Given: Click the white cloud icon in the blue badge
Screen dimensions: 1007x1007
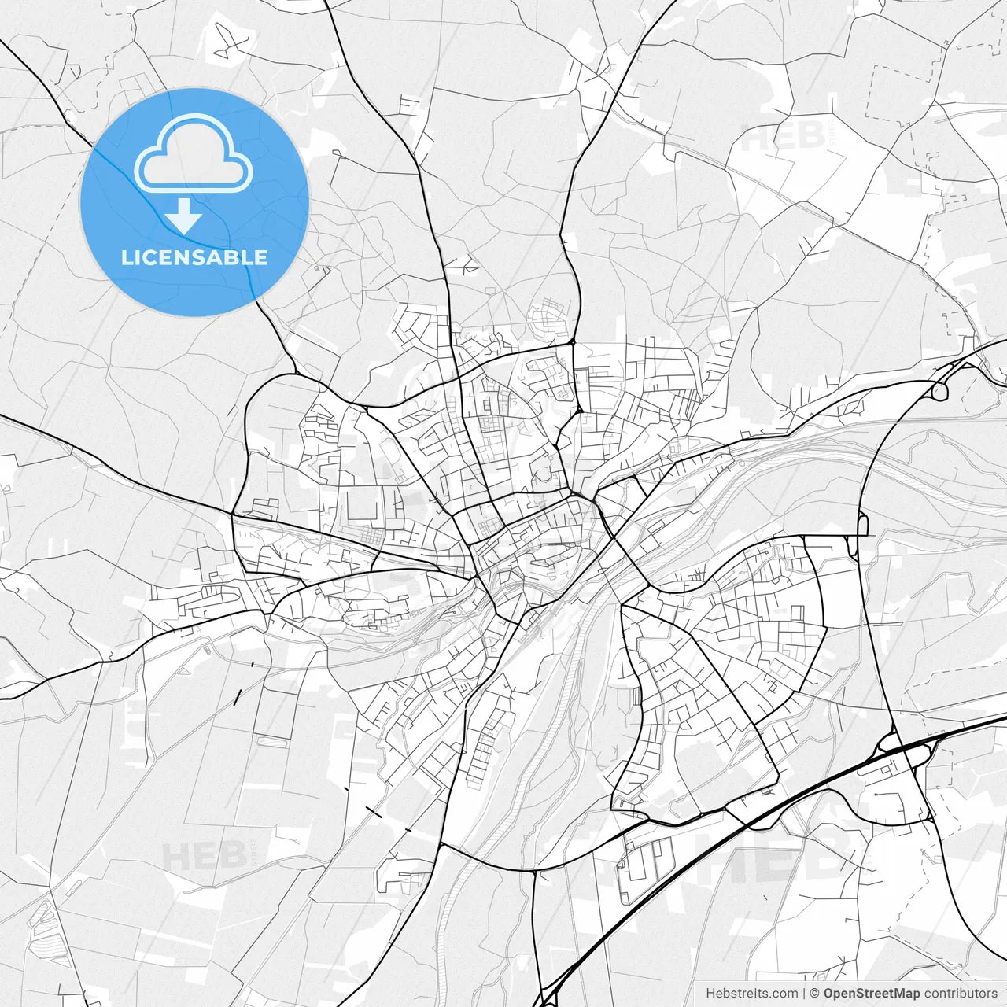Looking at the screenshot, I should click(194, 153).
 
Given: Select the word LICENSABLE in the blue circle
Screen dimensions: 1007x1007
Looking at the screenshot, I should click(194, 257).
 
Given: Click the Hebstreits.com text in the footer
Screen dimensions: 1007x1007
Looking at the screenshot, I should click(751, 994).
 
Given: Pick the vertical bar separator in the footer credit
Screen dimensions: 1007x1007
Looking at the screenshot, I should click(803, 994).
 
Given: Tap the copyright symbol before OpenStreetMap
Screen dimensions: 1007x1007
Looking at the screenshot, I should click(815, 994).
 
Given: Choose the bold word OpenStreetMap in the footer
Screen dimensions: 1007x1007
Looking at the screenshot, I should click(871, 994).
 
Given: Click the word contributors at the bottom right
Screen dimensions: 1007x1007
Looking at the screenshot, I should click(961, 994).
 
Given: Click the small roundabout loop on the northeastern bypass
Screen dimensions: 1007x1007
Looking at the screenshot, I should click(939, 390).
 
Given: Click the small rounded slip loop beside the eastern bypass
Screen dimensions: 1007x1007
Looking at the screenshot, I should click(863, 523).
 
